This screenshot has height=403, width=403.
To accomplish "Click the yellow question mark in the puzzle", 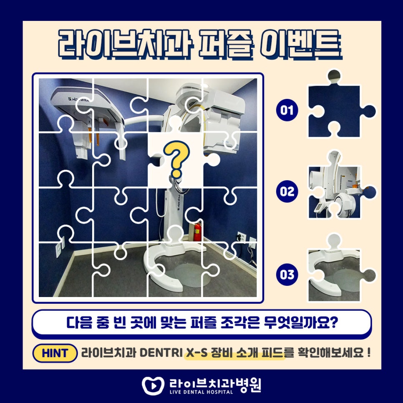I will (x=175, y=159).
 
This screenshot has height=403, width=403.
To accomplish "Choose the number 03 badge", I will (x=287, y=275).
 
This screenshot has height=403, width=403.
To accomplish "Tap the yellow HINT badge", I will (x=55, y=353).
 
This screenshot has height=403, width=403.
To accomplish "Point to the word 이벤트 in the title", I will (x=301, y=44).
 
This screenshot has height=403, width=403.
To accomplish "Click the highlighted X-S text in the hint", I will (x=196, y=353).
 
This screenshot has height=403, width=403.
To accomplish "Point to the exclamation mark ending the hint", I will (x=369, y=353).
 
